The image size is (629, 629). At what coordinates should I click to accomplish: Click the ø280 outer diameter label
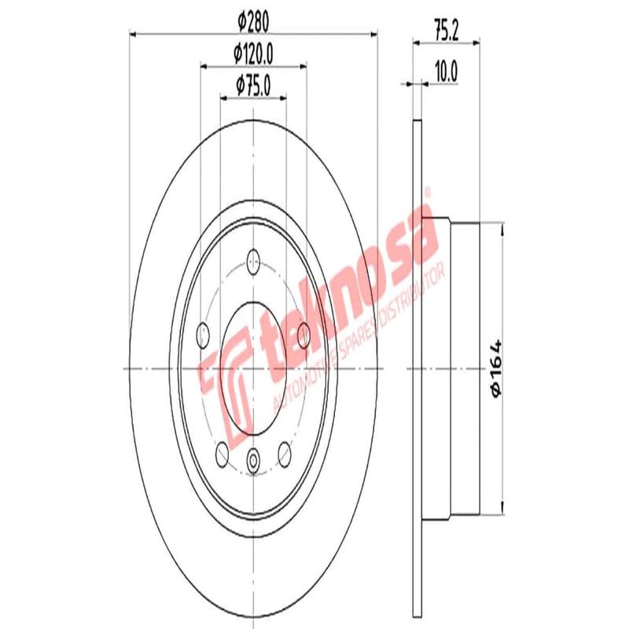252,21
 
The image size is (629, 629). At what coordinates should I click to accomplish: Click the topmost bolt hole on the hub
253,259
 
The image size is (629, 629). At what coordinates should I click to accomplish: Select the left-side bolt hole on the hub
202,336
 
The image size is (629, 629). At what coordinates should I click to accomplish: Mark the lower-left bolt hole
223,453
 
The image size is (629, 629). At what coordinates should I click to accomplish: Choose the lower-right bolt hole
284,453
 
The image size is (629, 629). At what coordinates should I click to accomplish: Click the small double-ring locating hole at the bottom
253,462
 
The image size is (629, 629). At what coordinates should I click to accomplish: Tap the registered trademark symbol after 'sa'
429,192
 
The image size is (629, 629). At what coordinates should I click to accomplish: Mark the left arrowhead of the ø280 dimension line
134,34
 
